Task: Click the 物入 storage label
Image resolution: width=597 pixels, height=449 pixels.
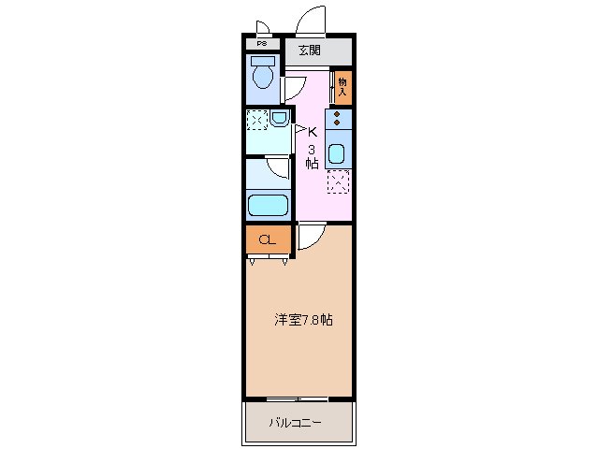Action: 342,86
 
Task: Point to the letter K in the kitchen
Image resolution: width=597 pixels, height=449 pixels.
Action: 312,132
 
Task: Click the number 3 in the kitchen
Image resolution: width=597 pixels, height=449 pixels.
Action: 312,148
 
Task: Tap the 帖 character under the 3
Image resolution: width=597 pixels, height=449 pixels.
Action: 312,163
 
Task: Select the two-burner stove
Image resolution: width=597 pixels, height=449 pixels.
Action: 338,119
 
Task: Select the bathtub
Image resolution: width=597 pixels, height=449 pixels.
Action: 268,205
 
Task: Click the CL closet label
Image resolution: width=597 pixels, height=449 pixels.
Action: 267,240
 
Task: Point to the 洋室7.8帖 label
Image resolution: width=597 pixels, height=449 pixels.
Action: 303,320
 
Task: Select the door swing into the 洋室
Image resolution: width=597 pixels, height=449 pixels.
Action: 312,238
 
